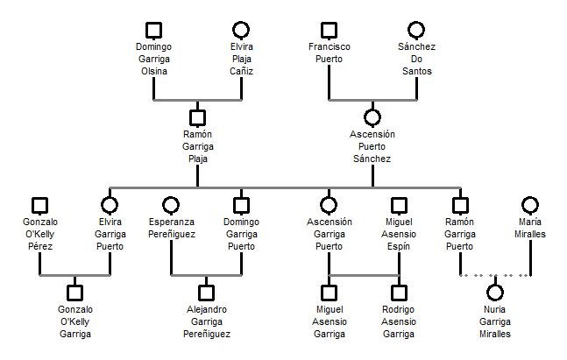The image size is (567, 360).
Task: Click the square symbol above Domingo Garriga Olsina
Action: tap(153, 31)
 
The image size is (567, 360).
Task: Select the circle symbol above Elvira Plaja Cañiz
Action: tap(241, 31)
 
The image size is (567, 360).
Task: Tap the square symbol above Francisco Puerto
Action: tap(329, 31)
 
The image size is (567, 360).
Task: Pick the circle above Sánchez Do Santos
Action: tap(416, 31)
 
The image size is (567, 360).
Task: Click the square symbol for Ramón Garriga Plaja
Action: tap(197, 116)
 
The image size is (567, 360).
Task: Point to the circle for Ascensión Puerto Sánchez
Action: tap(372, 116)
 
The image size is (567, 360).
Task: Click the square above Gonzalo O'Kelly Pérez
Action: tap(39, 205)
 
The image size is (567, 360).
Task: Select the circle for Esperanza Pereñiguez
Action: tap(171, 205)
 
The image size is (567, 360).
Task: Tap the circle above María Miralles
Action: tap(530, 205)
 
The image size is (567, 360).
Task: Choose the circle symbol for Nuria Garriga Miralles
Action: tap(495, 292)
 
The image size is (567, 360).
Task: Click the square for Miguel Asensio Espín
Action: tap(399, 205)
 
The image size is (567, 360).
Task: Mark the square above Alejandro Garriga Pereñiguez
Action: tap(206, 292)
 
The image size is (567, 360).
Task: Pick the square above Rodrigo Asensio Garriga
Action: tap(399, 292)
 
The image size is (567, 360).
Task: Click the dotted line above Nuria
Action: tap(478, 275)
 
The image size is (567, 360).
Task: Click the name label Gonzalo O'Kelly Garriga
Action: tap(74, 321)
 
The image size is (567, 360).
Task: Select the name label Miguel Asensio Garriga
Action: tap(329, 321)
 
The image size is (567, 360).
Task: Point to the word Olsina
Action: tap(153, 71)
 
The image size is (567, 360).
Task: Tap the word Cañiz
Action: tap(241, 71)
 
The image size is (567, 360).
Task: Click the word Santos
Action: tap(416, 71)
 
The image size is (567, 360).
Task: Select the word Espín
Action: tap(399, 246)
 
